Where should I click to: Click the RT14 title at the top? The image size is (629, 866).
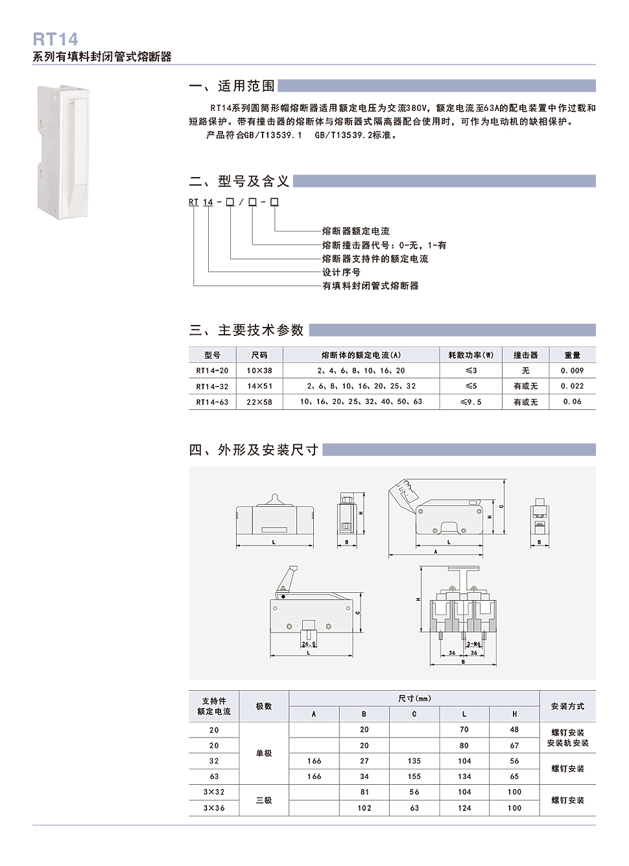(55, 40)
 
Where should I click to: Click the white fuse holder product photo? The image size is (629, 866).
(62, 152)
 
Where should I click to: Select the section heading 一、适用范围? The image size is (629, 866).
(231, 86)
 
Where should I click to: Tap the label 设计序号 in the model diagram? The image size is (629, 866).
(341, 272)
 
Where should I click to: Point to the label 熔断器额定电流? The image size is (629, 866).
(356, 232)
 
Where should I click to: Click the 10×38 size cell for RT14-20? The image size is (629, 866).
(259, 371)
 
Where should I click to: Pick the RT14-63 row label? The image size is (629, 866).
(212, 402)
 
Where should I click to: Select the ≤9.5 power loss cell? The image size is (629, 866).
(471, 402)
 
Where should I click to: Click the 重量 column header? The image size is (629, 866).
(572, 355)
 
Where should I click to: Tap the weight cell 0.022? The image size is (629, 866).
(572, 387)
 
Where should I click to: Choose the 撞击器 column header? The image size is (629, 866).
(525, 355)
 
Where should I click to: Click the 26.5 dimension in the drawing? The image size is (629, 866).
(309, 644)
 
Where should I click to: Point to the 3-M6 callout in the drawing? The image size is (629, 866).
(474, 644)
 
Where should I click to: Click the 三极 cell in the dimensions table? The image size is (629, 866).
(264, 800)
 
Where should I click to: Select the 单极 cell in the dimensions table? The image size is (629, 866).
(264, 754)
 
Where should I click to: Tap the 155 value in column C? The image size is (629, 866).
(414, 776)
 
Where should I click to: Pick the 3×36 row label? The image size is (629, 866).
(214, 808)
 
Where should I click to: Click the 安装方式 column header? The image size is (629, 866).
(567, 706)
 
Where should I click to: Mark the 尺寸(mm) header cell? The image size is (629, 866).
(414, 699)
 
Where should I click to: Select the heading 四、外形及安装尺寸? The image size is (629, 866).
(254, 450)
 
